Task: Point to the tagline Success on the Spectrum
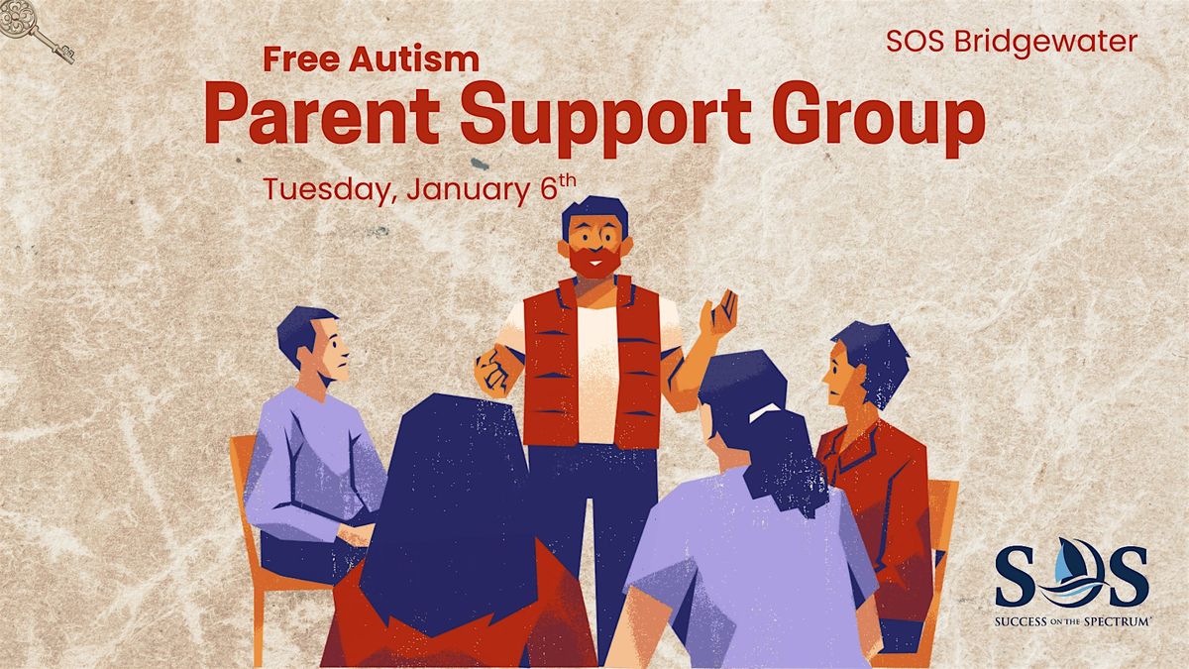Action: [1070, 619]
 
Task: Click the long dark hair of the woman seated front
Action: [456, 505]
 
